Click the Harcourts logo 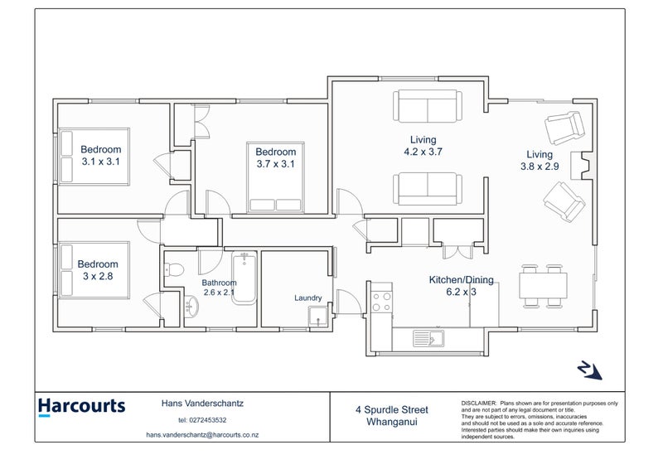pyautogui.click(x=81, y=407)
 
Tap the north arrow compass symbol pyautogui.click(x=589, y=370)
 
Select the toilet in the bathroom pyautogui.click(x=174, y=269)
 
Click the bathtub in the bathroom pyautogui.click(x=244, y=278)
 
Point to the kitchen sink pyautogui.click(x=428, y=338)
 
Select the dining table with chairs pyautogui.click(x=543, y=287)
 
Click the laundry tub pyautogui.click(x=317, y=317)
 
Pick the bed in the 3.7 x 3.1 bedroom pyautogui.click(x=275, y=177)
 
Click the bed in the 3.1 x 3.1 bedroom pyautogui.click(x=94, y=157)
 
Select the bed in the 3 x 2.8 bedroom pyautogui.click(x=94, y=270)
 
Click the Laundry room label pyautogui.click(x=307, y=297)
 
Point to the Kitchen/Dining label pyautogui.click(x=462, y=279)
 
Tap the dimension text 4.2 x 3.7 pyautogui.click(x=423, y=152)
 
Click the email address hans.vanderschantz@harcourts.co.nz pyautogui.click(x=202, y=435)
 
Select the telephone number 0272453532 pyautogui.click(x=209, y=420)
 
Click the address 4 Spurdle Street pyautogui.click(x=392, y=410)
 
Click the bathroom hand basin pyautogui.click(x=191, y=305)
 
